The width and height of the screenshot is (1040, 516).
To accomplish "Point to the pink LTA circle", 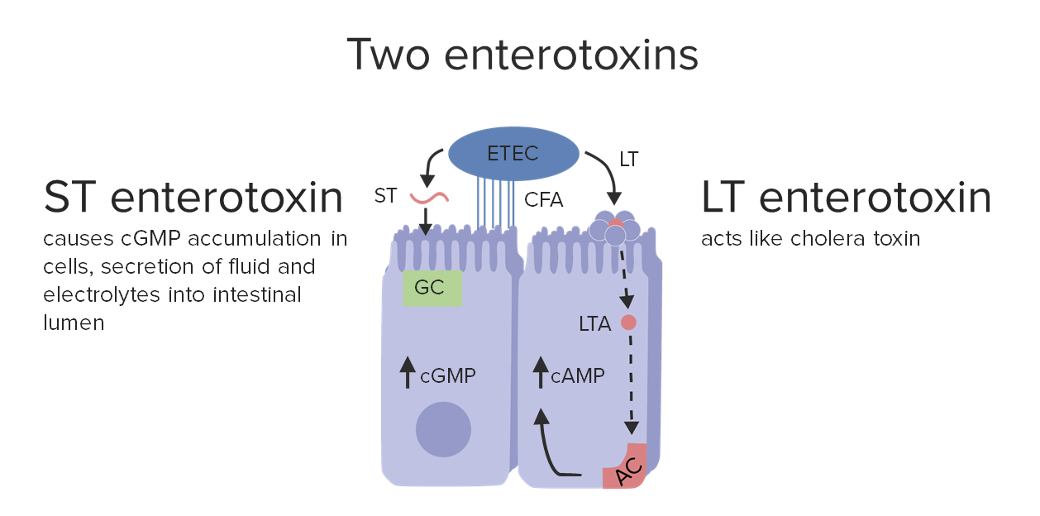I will coord(628,323).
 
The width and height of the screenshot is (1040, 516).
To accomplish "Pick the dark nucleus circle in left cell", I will coord(443,429).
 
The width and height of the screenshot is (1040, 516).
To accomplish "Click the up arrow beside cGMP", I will coord(406,372).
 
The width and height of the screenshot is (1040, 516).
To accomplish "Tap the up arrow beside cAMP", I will coord(541,372).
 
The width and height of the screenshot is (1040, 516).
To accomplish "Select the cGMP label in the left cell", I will coord(447,376).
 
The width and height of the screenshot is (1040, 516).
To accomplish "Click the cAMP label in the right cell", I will coord(578,376).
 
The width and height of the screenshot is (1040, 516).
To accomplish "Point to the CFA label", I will coord(543,198).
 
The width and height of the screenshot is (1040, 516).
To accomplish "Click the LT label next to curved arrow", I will coord(628,160).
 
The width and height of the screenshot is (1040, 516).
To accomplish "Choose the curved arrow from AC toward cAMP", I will coord(550,447).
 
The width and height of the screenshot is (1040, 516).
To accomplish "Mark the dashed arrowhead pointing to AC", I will coord(631,428).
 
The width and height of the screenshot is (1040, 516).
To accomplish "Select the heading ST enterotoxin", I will coord(193,198).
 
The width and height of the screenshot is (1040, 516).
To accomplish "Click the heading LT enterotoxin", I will coord(846,198).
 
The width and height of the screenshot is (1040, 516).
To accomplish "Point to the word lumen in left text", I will coord(74,322).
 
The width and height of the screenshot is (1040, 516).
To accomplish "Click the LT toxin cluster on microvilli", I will coord(616,228).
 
